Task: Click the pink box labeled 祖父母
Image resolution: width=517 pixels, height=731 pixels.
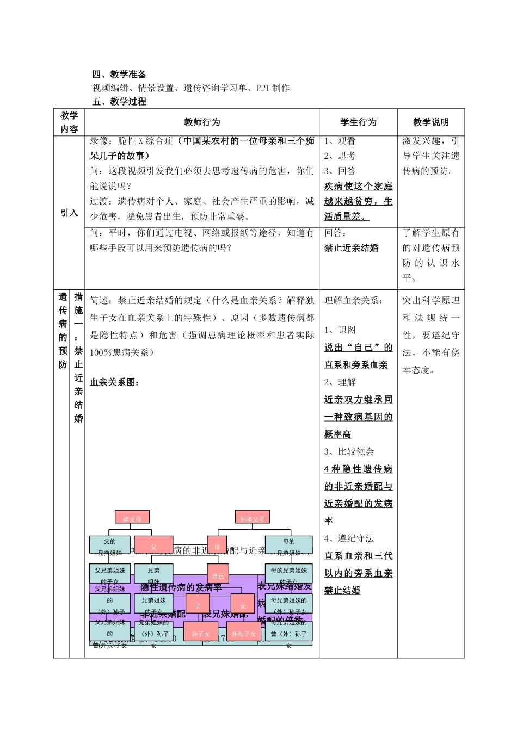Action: click(132, 517)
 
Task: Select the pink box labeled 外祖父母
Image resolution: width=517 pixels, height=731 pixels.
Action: click(252, 517)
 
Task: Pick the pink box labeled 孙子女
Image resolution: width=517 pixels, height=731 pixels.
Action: click(200, 632)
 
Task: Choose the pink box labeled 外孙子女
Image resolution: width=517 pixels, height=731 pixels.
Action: click(243, 632)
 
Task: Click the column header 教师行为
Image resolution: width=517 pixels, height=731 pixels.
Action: click(202, 122)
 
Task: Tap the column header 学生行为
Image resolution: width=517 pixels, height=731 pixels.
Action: click(358, 122)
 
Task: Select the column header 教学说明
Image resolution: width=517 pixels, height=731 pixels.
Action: click(431, 122)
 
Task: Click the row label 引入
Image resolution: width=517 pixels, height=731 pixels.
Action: click(69, 213)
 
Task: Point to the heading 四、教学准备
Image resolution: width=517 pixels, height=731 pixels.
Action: click(119, 75)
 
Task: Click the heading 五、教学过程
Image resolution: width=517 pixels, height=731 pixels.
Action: click(119, 102)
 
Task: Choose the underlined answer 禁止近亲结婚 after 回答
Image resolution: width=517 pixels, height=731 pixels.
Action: click(351, 248)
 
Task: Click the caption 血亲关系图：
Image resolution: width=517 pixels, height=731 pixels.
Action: click(114, 382)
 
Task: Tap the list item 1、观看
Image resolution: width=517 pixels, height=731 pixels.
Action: click(340, 141)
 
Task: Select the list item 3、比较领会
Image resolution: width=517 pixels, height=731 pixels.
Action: click(349, 451)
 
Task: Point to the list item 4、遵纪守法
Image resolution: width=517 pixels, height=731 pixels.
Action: click(349, 538)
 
